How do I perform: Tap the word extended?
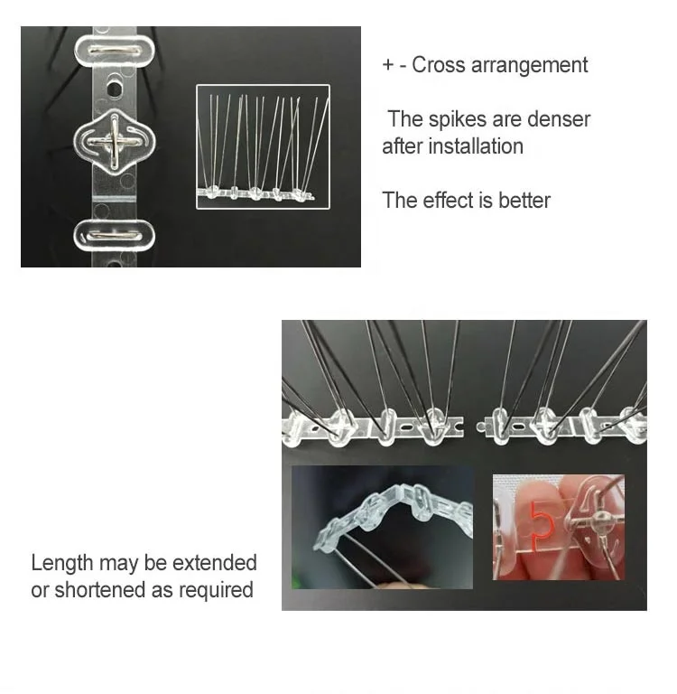[214, 563]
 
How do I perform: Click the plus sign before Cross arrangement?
[388, 66]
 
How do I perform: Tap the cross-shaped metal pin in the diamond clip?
[113, 141]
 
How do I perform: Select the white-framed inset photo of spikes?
[263, 146]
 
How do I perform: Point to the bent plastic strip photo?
[382, 526]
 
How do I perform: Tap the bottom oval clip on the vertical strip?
[113, 235]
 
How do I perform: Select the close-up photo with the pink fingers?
[558, 528]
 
